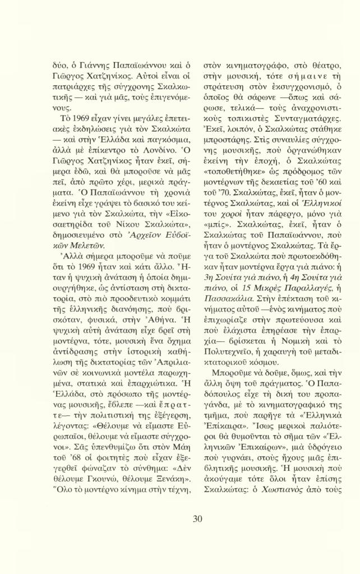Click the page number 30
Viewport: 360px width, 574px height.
click(197, 519)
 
